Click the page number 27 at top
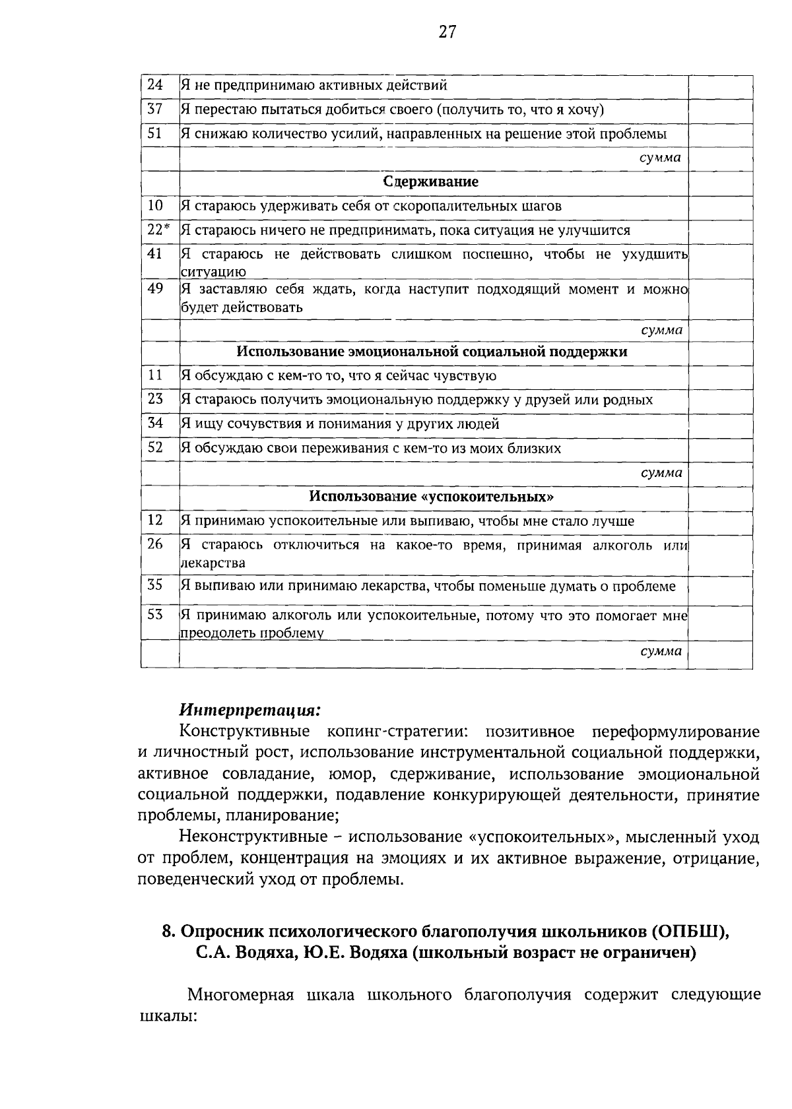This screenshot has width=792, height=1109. point(447,32)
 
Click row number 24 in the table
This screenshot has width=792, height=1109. point(155,84)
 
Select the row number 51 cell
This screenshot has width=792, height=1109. point(155,133)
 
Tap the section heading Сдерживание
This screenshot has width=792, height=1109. point(431,181)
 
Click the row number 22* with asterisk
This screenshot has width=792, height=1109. point(158,230)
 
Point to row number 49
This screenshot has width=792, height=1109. point(155,288)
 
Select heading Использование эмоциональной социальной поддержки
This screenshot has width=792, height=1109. point(432,352)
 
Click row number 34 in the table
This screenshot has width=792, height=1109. point(155,424)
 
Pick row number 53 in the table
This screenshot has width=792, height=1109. point(155,615)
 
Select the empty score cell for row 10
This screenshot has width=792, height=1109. point(720,206)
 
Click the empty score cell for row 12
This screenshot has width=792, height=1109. point(720,521)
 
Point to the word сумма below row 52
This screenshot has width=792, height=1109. point(661,473)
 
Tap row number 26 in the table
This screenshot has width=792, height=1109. point(155,545)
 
